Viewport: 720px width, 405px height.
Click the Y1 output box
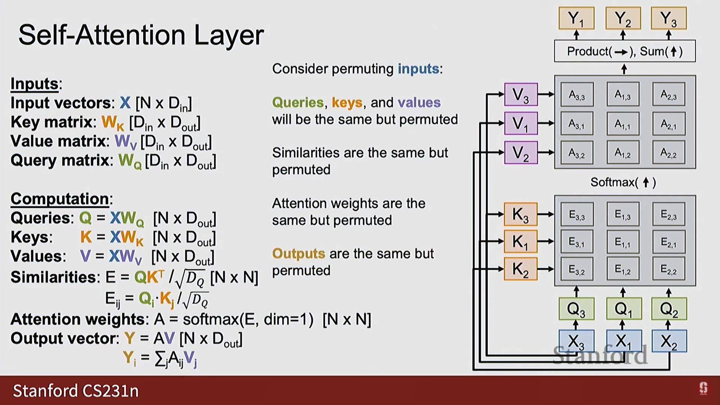click(576, 18)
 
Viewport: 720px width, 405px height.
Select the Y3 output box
click(669, 18)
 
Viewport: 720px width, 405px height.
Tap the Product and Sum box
click(625, 51)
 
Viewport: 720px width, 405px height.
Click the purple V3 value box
click(521, 94)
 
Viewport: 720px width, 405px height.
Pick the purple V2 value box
click(521, 153)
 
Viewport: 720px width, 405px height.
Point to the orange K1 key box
click(520, 241)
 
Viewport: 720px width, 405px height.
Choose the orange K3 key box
click(520, 214)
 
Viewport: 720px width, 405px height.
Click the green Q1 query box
click(623, 309)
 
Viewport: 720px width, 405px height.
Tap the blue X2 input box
click(669, 341)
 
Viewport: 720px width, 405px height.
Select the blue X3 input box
click(576, 341)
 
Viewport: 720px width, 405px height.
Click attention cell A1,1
click(623, 124)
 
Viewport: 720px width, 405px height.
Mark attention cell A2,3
click(669, 94)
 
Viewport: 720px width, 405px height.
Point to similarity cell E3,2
click(577, 269)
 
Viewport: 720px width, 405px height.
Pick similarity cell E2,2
click(669, 269)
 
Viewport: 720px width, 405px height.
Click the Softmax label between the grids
click(623, 182)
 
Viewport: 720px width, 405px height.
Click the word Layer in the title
click(229, 36)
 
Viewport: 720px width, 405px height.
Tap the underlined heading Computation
click(60, 199)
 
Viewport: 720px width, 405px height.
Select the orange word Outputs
click(298, 254)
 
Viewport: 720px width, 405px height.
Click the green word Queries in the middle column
click(298, 103)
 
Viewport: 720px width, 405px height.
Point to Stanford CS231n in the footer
click(76, 391)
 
